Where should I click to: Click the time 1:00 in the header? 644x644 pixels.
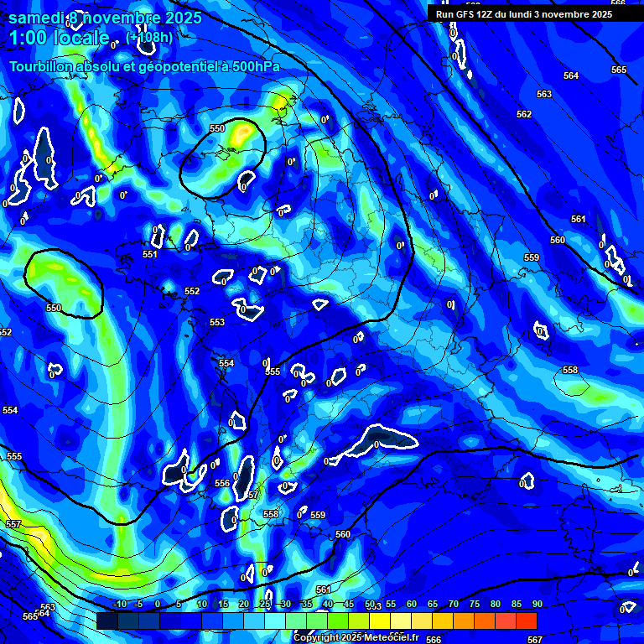(x=27, y=39)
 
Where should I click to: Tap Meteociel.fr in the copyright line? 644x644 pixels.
(x=390, y=638)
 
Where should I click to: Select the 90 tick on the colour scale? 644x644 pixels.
(x=538, y=605)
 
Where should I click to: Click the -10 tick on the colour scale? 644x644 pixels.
(x=120, y=605)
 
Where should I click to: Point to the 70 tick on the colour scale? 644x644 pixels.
(x=454, y=605)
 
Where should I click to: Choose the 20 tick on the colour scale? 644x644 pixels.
(x=244, y=605)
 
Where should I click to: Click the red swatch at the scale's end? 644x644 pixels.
(x=526, y=621)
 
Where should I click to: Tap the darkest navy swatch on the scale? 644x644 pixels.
(x=106, y=621)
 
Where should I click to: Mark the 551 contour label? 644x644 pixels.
(x=150, y=254)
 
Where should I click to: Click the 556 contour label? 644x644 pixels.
(x=222, y=484)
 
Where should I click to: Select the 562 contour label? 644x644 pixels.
(x=524, y=114)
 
